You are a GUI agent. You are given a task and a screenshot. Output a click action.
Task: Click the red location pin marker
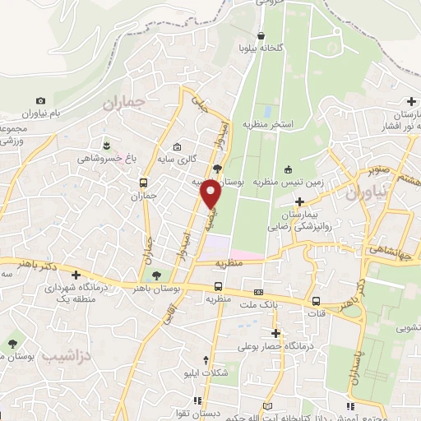point(211,194)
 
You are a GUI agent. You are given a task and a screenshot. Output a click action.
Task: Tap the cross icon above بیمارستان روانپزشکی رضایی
point(300,201)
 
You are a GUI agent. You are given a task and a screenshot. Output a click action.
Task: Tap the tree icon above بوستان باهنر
point(156,276)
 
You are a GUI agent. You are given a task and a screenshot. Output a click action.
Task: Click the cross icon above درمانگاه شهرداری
point(76,275)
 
